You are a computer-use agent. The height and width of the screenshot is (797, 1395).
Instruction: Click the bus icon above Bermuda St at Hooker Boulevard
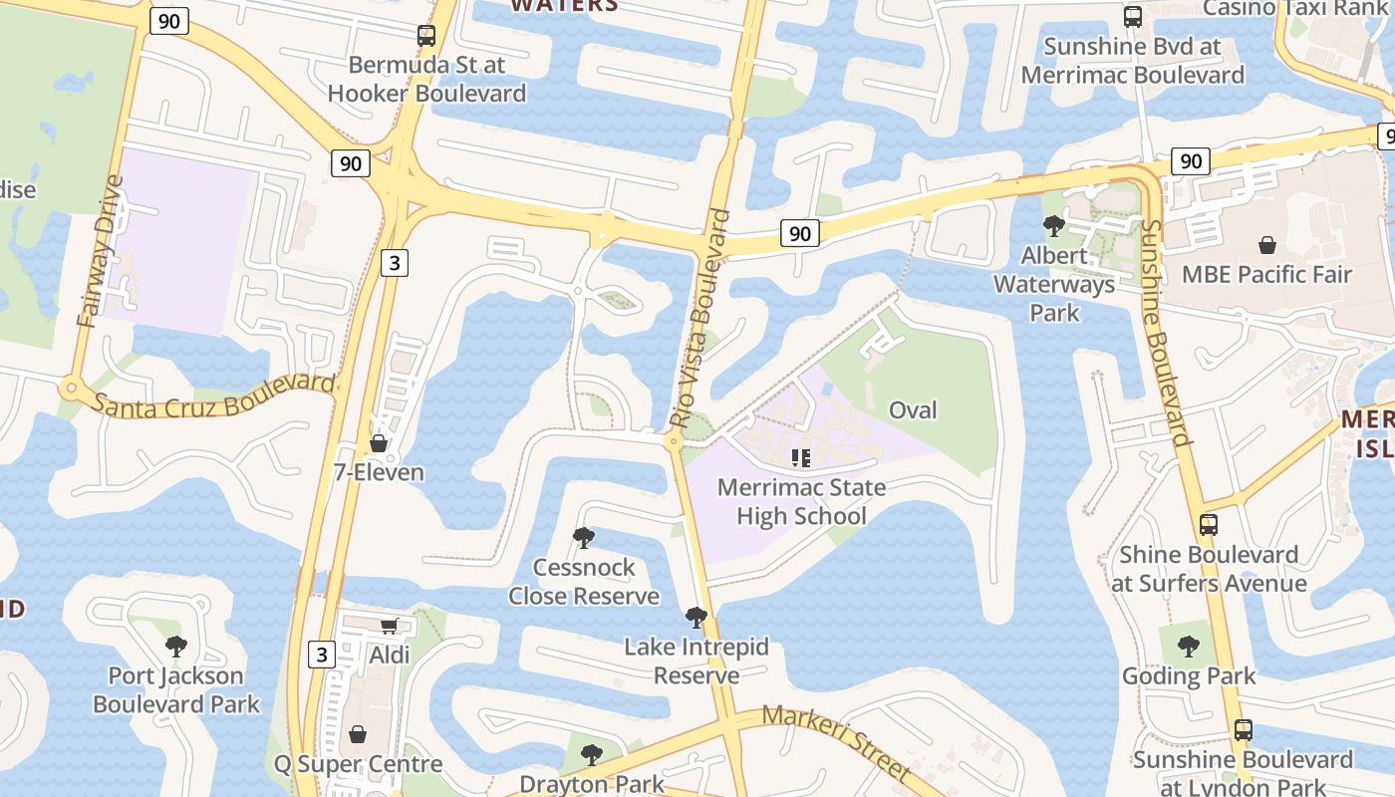click(426, 36)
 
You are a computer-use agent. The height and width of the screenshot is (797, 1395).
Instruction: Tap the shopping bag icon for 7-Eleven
click(379, 443)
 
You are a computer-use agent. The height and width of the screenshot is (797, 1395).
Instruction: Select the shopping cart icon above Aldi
click(390, 626)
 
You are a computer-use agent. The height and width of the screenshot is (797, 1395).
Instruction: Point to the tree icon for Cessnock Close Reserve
click(584, 538)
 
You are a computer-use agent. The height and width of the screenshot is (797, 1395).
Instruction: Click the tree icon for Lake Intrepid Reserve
click(697, 618)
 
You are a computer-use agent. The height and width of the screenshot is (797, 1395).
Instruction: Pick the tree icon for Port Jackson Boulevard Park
click(176, 647)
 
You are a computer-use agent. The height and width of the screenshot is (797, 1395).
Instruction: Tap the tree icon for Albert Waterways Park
click(1053, 226)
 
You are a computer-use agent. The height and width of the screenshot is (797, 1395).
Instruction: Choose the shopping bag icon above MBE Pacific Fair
click(1267, 245)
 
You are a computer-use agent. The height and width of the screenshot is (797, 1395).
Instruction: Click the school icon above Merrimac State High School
click(801, 458)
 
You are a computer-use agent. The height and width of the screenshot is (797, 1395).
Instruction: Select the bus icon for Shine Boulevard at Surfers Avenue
click(1209, 525)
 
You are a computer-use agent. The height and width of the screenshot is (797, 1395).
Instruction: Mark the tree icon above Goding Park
click(1189, 647)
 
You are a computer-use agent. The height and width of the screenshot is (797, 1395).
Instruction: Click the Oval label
click(913, 410)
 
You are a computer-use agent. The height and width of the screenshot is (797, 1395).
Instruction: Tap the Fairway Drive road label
click(101, 251)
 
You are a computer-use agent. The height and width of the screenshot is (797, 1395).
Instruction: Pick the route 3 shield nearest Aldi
click(320, 655)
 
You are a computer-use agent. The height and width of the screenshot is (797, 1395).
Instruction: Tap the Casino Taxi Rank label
click(1295, 9)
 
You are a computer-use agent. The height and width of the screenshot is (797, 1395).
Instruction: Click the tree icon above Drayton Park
click(592, 754)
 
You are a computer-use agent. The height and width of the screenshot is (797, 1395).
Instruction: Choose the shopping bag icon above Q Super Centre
click(358, 734)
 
